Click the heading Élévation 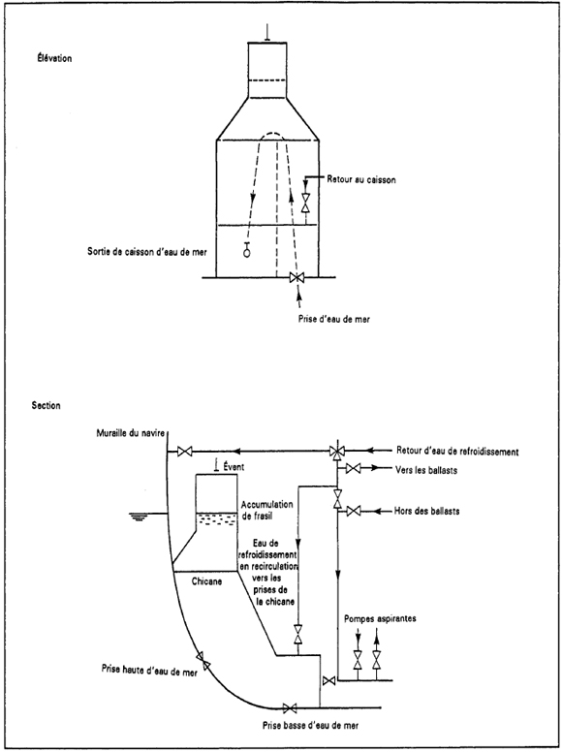(x=51, y=58)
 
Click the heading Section (x=47, y=406)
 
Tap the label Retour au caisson (x=361, y=180)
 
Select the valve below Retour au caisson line (x=305, y=203)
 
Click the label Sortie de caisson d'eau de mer (x=147, y=252)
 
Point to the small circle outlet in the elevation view (x=247, y=253)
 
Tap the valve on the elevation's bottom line (x=297, y=278)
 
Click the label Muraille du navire (x=131, y=433)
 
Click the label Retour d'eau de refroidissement (x=457, y=452)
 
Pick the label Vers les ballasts (x=426, y=470)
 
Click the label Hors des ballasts (x=426, y=512)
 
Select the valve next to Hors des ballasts (x=354, y=512)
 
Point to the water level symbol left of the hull (x=138, y=516)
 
